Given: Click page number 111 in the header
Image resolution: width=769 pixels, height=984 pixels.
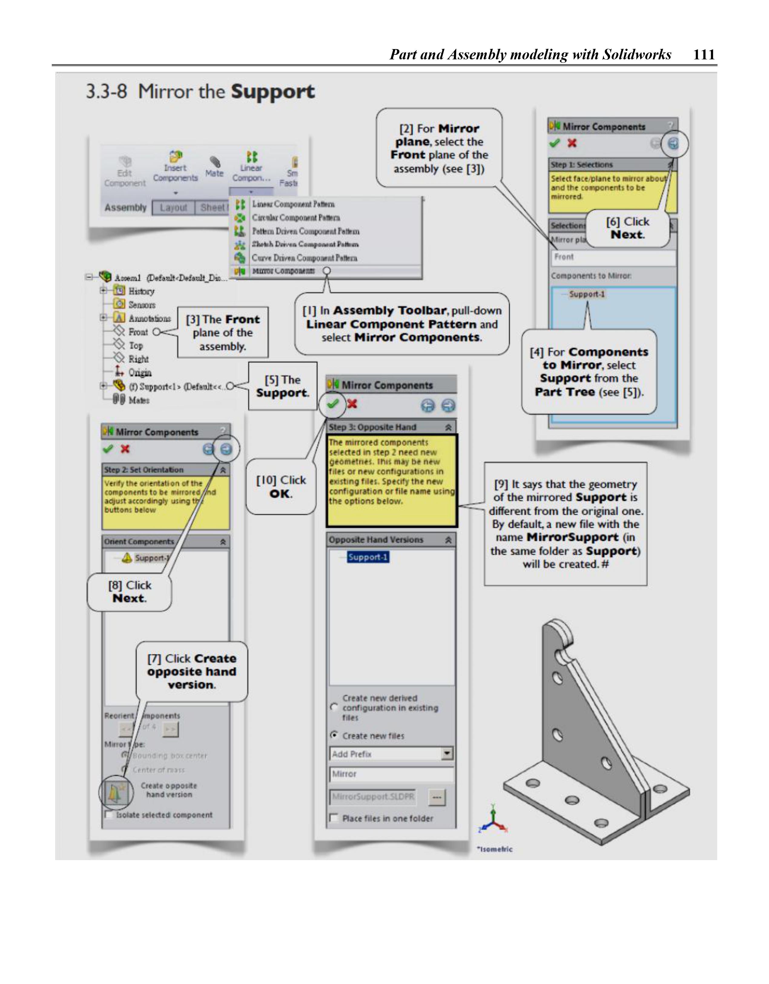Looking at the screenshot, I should pos(704,55).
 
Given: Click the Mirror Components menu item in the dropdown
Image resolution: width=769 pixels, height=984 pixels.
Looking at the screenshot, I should pos(283,271).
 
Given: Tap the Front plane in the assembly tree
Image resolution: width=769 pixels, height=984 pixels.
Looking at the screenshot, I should pos(138,332).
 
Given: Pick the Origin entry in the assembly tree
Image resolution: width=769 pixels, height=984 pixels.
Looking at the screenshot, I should pos(140,373).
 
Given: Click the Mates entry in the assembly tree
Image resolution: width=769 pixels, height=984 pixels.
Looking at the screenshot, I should pos(138,400).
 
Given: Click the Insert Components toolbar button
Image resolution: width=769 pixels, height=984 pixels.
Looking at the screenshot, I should pos(175,167).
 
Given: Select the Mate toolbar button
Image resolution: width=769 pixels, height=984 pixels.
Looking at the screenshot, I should pos(214,167).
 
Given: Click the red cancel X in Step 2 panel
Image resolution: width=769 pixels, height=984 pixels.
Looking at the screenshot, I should pos(125,449).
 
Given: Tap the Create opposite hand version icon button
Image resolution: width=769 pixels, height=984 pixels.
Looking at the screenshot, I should pos(115,792).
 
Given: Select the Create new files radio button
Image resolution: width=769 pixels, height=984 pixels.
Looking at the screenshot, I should pos(334,735).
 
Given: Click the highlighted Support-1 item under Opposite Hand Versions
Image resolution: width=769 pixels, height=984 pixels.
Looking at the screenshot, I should pos(368,557).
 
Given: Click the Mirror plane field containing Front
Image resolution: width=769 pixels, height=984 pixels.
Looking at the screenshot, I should pos(613,257).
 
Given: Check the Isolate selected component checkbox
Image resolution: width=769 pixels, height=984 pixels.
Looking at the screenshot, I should pos(109,815).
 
